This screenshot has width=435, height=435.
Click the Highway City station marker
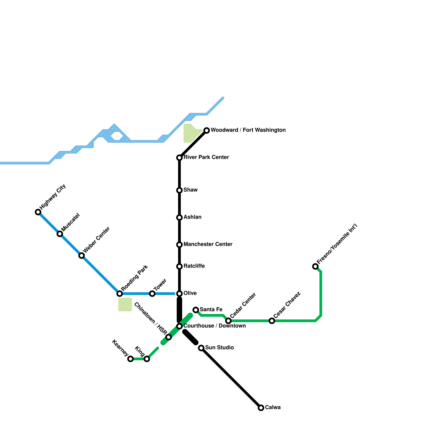pyautogui.click(x=38, y=212)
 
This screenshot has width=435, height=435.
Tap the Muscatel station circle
pyautogui.click(x=60, y=234)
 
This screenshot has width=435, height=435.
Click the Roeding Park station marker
pyautogui.click(x=120, y=294)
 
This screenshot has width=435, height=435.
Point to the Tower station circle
pyautogui.click(x=152, y=294)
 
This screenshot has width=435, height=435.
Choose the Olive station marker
pyautogui.click(x=179, y=294)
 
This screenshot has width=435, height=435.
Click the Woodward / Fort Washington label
pyautogui.click(x=248, y=130)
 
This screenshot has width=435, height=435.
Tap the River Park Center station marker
pyautogui.click(x=179, y=158)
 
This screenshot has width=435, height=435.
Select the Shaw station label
pyautogui.click(x=190, y=190)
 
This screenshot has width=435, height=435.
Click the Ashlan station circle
pyautogui.click(x=179, y=217)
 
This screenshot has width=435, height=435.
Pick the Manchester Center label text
pyautogui.click(x=208, y=244)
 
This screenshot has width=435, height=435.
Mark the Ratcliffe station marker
pyautogui.click(x=179, y=266)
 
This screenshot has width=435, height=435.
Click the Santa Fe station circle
pyautogui.click(x=196, y=310)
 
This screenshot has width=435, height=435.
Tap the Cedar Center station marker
pyautogui.click(x=228, y=321)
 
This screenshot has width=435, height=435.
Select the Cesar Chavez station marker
pyautogui.click(x=272, y=321)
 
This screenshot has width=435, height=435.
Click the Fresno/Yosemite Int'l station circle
pyautogui.click(x=315, y=266)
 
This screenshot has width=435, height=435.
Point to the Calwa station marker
pyautogui.click(x=261, y=408)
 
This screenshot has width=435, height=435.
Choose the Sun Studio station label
pyautogui.click(x=219, y=347)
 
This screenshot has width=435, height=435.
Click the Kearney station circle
pyautogui.click(x=130, y=359)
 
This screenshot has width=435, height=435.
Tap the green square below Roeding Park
pyautogui.click(x=125, y=304)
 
